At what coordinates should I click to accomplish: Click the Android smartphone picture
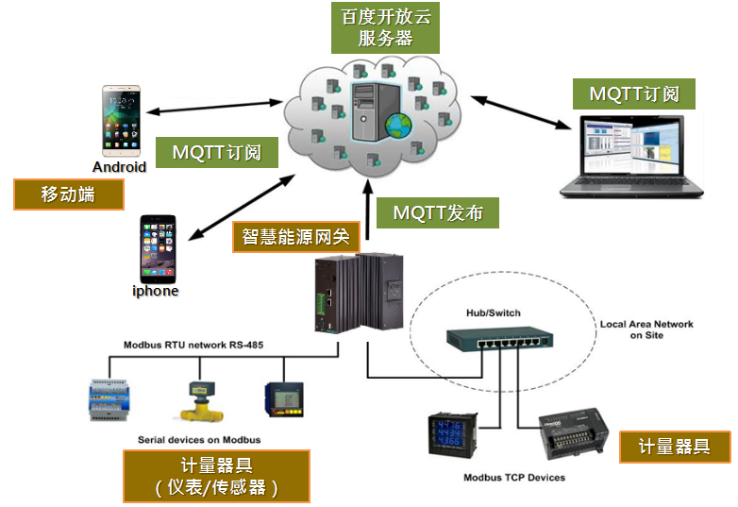(x=121, y=121)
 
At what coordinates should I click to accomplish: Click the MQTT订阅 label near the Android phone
(x=217, y=152)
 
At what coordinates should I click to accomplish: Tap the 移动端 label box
(x=68, y=194)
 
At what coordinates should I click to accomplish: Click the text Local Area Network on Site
(x=646, y=330)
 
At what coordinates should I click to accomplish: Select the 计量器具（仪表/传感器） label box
(x=216, y=476)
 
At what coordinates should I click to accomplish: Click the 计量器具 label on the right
(x=674, y=447)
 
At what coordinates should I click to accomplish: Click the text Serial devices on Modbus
(x=199, y=440)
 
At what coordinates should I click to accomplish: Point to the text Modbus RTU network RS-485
(x=193, y=345)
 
